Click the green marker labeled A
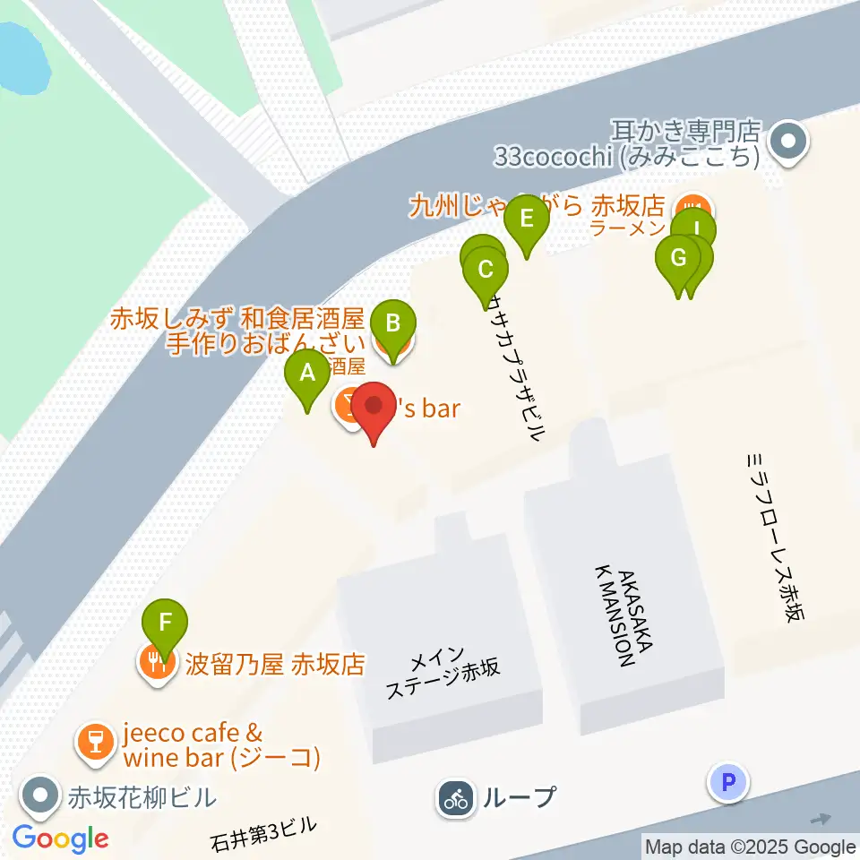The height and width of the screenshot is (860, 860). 307,373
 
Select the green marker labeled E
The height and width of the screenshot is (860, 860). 526,219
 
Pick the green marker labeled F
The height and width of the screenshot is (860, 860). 165,622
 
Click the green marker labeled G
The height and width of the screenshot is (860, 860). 678,259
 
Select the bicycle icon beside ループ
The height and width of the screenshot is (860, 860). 457,797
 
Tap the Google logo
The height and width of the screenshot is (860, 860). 61,839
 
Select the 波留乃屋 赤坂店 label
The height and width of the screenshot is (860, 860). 274,665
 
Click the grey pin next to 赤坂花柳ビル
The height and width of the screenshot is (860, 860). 40,795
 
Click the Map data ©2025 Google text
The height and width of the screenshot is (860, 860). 750,847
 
